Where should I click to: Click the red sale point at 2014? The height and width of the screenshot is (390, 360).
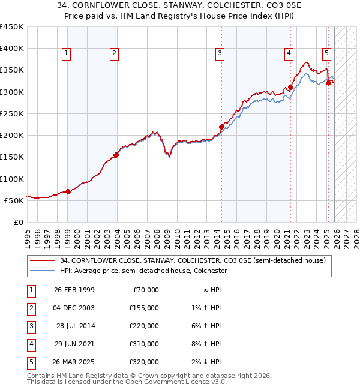(221, 127)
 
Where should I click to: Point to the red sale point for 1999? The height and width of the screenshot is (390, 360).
(68, 192)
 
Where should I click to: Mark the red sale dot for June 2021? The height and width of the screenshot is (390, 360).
(290, 87)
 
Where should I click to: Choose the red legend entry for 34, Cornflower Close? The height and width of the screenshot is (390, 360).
(192, 260)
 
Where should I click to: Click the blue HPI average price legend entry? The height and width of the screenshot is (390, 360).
(143, 271)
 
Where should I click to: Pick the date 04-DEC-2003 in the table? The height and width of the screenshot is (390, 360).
(74, 308)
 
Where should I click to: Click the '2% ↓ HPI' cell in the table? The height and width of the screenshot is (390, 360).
(208, 362)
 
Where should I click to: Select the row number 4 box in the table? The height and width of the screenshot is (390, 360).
(31, 344)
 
